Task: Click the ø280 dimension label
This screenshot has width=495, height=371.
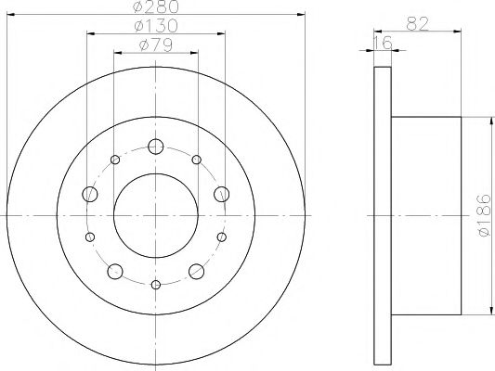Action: pyautogui.click(x=155, y=8)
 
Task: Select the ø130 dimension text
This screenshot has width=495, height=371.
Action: pyautogui.click(x=155, y=25)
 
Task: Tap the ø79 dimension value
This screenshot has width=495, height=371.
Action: pyautogui.click(x=155, y=44)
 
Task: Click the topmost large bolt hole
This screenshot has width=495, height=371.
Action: pyautogui.click(x=155, y=146)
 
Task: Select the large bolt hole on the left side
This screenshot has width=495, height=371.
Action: pyautogui.click(x=90, y=194)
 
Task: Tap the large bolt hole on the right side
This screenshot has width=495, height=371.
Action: pyautogui.click(x=221, y=194)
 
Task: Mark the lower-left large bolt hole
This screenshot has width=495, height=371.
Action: pyautogui.click(x=115, y=271)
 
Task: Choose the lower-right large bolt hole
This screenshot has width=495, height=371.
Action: pyautogui.click(x=196, y=271)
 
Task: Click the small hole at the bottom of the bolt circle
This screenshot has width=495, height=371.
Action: pyautogui.click(x=155, y=284)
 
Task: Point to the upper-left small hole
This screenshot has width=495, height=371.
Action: pyautogui.click(x=115, y=160)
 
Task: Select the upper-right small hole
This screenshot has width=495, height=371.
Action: pyautogui.click(x=196, y=160)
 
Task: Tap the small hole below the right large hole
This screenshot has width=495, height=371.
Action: pyautogui.click(x=221, y=237)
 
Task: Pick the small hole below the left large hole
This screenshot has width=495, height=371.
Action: pyautogui.click(x=90, y=237)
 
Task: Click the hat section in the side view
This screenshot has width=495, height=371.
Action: pyautogui.click(x=427, y=215)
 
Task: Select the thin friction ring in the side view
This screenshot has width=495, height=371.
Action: pyautogui.click(x=382, y=215)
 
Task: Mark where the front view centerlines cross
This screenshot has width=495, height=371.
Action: pyautogui.click(x=155, y=215)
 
